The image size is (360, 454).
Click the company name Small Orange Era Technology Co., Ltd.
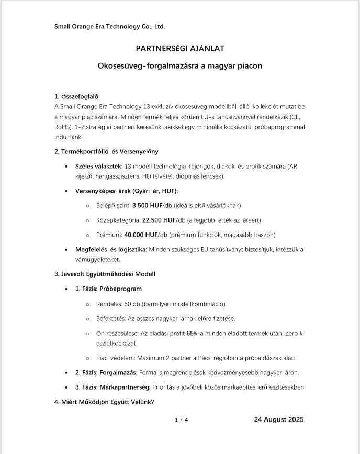coord(109,26)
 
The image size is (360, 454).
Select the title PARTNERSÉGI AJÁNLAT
coord(180,49)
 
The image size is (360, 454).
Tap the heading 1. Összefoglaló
coord(76,96)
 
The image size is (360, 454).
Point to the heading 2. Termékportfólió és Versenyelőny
coord(106,152)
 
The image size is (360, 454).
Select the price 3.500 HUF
coord(147,205)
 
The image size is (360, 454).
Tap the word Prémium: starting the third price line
coord(109,235)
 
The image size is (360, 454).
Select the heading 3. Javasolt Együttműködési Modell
coord(105,274)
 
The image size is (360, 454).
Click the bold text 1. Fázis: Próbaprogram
coord(108,289)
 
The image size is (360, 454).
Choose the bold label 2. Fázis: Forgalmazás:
coord(106,372)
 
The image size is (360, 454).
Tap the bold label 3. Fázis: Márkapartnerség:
coord(113,387)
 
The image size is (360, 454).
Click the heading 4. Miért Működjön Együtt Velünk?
coord(104,402)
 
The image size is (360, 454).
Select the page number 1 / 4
coord(181,420)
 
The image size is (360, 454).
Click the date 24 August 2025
coord(279,419)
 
